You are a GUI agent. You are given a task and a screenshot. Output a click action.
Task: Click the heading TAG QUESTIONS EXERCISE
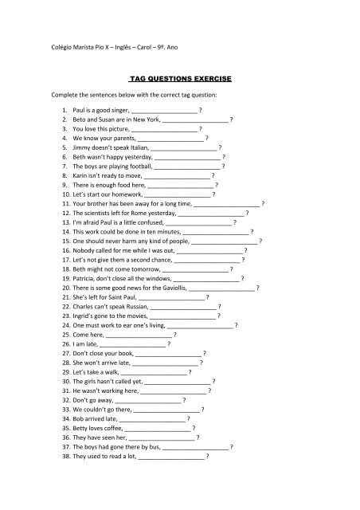180,81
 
